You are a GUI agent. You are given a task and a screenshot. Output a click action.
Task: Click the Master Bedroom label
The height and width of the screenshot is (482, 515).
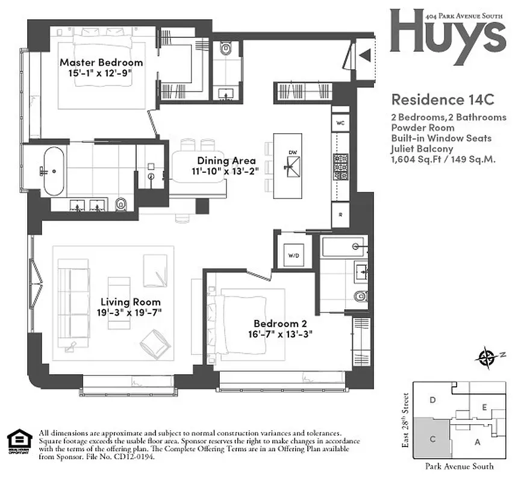pyautogui.click(x=101, y=63)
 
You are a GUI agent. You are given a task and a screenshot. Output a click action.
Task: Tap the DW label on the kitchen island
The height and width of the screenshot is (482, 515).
pyautogui.click(x=292, y=152)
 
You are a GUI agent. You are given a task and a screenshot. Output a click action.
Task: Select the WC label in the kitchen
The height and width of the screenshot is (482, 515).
pyautogui.click(x=340, y=123)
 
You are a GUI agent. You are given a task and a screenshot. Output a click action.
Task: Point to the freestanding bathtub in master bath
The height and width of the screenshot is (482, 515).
pyautogui.click(x=53, y=171)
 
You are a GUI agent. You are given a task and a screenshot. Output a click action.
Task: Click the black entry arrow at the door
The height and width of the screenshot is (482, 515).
pyautogui.click(x=364, y=55)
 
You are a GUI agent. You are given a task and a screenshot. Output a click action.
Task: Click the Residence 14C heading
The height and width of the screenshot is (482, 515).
pyautogui.click(x=433, y=98)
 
